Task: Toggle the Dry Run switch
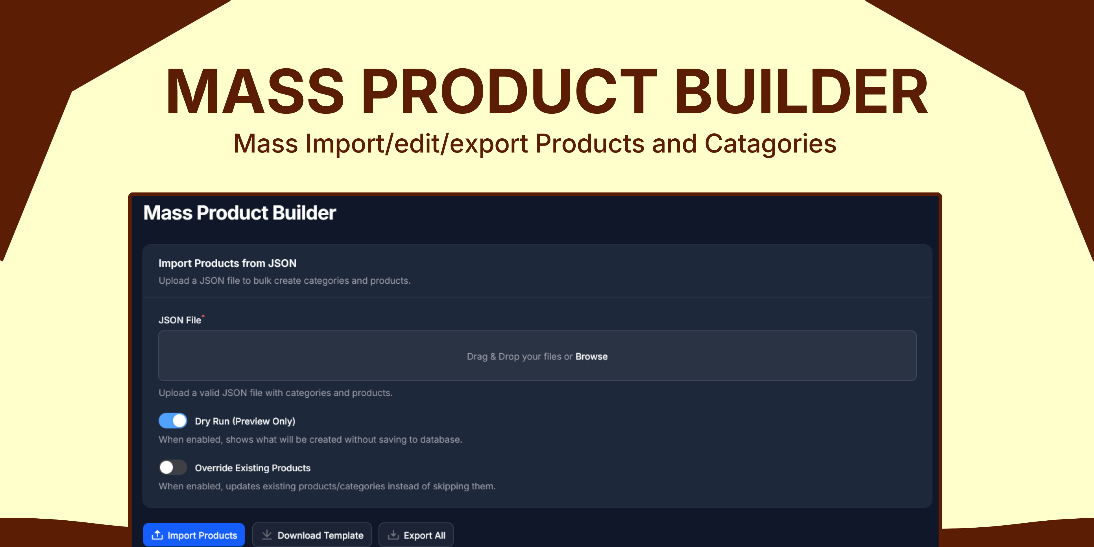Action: (x=173, y=421)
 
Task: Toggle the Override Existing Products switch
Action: (x=173, y=468)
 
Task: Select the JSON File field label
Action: (x=180, y=320)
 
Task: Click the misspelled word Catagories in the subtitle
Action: (x=770, y=144)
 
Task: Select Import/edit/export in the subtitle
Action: (x=417, y=144)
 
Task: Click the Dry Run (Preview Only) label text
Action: (x=245, y=421)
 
